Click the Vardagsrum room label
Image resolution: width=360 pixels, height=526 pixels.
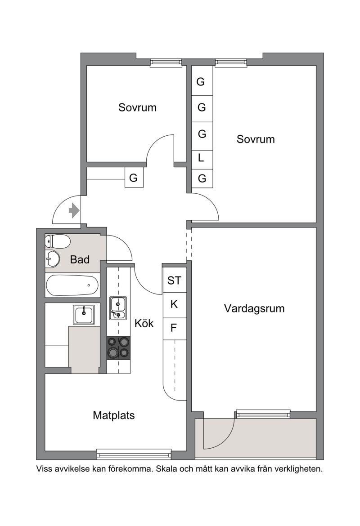click(x=254, y=308)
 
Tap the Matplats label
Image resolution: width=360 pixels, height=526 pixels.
click(x=114, y=415)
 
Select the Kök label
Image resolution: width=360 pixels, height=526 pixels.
click(x=144, y=323)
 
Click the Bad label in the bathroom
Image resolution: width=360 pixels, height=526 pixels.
click(x=80, y=259)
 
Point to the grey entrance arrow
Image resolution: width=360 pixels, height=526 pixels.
click(x=74, y=211)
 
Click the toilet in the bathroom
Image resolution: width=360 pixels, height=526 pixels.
click(x=58, y=241)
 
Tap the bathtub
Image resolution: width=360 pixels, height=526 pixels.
click(x=72, y=285)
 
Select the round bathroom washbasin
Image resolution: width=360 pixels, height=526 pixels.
click(x=52, y=259)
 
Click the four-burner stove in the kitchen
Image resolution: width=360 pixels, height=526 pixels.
click(x=118, y=348)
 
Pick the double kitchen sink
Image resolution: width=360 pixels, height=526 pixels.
click(x=118, y=308)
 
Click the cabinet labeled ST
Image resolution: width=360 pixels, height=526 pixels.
click(x=174, y=280)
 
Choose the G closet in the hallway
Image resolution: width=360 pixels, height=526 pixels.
click(x=134, y=178)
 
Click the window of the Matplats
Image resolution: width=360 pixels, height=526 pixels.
click(x=134, y=455)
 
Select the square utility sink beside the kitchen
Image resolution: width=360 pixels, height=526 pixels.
click(x=84, y=315)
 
